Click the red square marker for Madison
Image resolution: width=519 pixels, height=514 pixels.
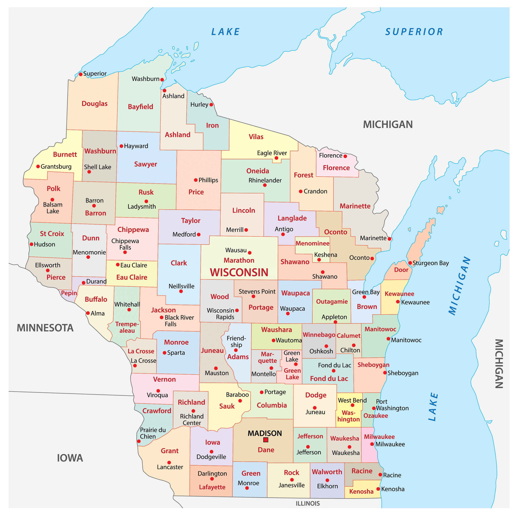(266, 440)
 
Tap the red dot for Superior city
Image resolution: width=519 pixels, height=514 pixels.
(81, 74)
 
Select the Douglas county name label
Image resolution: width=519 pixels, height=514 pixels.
(94, 104)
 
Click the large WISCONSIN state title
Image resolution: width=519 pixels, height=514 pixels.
(239, 273)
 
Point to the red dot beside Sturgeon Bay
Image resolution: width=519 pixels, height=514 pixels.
(410, 263)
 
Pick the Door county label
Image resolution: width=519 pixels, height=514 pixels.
(401, 270)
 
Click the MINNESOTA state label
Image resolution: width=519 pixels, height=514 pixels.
(45, 328)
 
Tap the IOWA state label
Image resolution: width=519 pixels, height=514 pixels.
(70, 458)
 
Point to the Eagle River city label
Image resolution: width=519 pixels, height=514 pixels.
(272, 153)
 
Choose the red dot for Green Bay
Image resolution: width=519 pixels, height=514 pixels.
(364, 297)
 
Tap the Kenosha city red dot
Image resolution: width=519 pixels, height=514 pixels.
(378, 489)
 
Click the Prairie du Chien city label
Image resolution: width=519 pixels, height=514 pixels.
(153, 433)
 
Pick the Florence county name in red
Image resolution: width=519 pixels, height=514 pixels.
(336, 168)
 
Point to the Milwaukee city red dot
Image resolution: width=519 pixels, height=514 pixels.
(372, 444)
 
